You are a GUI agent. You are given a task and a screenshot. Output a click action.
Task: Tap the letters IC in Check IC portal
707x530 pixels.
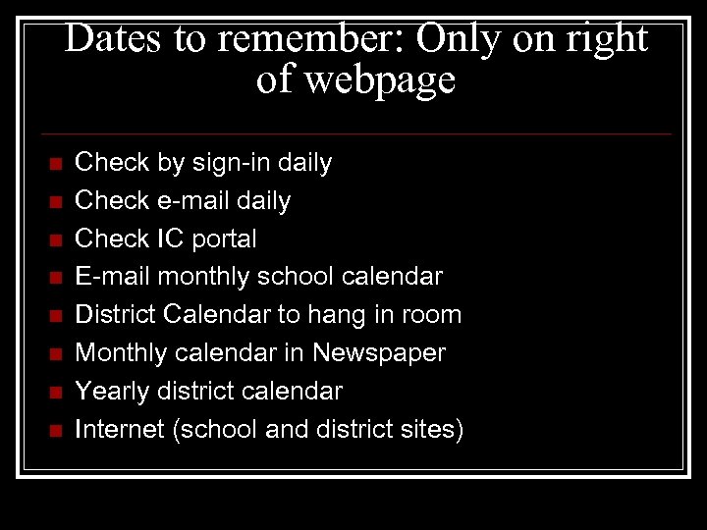pyautogui.click(x=166, y=238)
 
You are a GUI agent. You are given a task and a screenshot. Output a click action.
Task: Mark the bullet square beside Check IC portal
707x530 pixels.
pyautogui.click(x=55, y=239)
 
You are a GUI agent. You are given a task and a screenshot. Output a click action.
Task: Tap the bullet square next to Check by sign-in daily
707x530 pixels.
pyautogui.click(x=55, y=163)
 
